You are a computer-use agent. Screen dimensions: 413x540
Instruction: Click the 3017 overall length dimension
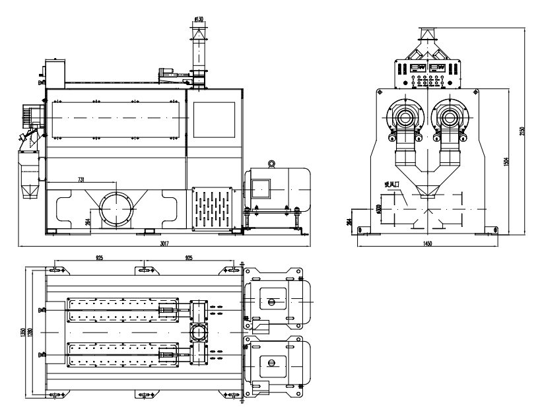[165, 243]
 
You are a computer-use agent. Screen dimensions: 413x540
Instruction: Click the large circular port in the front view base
[117, 208]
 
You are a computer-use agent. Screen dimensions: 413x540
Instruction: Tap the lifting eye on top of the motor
[271, 163]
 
